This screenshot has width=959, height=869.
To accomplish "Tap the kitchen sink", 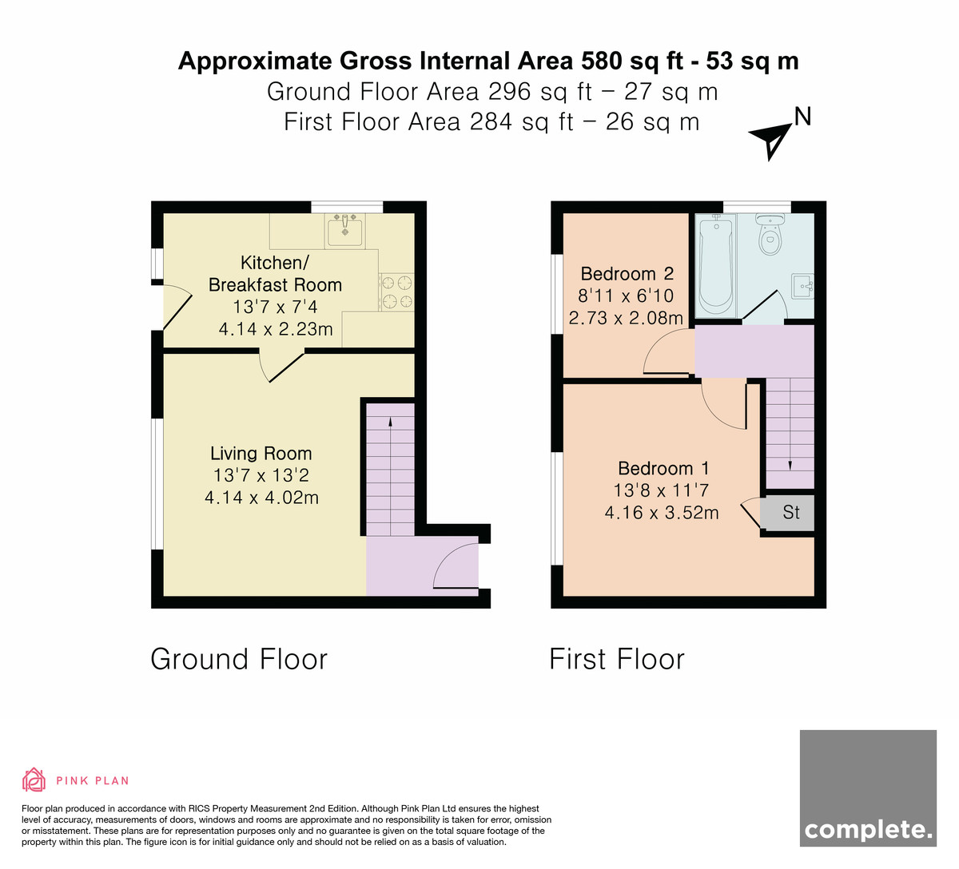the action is point(344,231).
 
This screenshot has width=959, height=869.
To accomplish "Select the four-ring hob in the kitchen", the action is point(397,292).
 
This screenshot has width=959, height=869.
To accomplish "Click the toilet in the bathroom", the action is point(770,235).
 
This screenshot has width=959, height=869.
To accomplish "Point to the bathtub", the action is point(716,265).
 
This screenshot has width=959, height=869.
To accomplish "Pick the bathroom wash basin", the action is point(802,286).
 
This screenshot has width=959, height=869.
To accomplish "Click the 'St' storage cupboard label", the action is point(790,513).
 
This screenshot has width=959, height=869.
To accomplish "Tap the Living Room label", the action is point(261,453).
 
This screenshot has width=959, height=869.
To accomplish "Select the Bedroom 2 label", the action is point(627,274).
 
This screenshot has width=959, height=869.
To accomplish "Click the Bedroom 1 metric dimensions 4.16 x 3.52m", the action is point(661,513).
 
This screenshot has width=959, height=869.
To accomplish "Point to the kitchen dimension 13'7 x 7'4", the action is point(275,307).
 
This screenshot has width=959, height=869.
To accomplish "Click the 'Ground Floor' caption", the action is point(239,659).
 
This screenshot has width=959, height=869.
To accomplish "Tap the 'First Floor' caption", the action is point(617,659).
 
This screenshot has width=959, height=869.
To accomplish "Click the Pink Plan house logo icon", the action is point(34,780).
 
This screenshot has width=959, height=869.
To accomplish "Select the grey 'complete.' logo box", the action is point(868,795).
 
